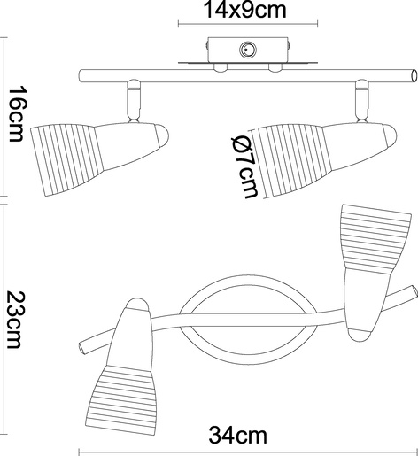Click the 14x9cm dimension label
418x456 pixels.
[x=245, y=10]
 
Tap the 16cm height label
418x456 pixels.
[x=16, y=114]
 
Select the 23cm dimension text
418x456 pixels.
[x=14, y=320]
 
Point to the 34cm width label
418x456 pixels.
[x=238, y=436]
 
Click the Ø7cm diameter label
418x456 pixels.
[x=244, y=166]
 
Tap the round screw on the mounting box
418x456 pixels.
[x=248, y=50]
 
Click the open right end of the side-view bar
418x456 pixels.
[x=414, y=76]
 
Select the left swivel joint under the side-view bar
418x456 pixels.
[x=133, y=101]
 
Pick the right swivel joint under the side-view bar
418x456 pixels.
[x=362, y=101]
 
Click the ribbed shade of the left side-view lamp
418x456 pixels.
[x=68, y=160]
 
